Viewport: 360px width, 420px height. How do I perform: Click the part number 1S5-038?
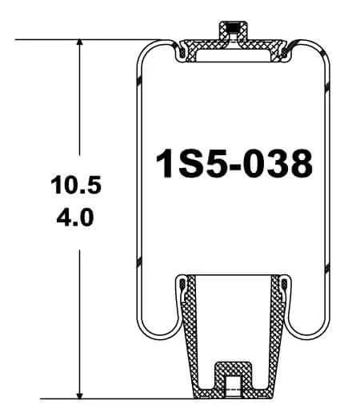coord(234,163)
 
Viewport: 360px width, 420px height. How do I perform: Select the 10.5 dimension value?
coord(76,185)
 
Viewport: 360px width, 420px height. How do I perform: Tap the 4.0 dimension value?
coord(75,218)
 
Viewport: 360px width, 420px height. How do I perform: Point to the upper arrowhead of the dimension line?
coord(79,43)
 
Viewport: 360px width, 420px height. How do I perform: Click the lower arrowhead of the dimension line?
coord(79,394)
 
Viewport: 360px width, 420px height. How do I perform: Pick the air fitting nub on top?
coord(233,31)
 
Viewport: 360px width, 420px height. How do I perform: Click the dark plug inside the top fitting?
coord(233,27)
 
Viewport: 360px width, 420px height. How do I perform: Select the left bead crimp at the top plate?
coord(182,52)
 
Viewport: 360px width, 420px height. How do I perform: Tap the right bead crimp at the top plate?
coord(285,52)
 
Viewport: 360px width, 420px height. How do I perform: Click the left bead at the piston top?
coord(182,284)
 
